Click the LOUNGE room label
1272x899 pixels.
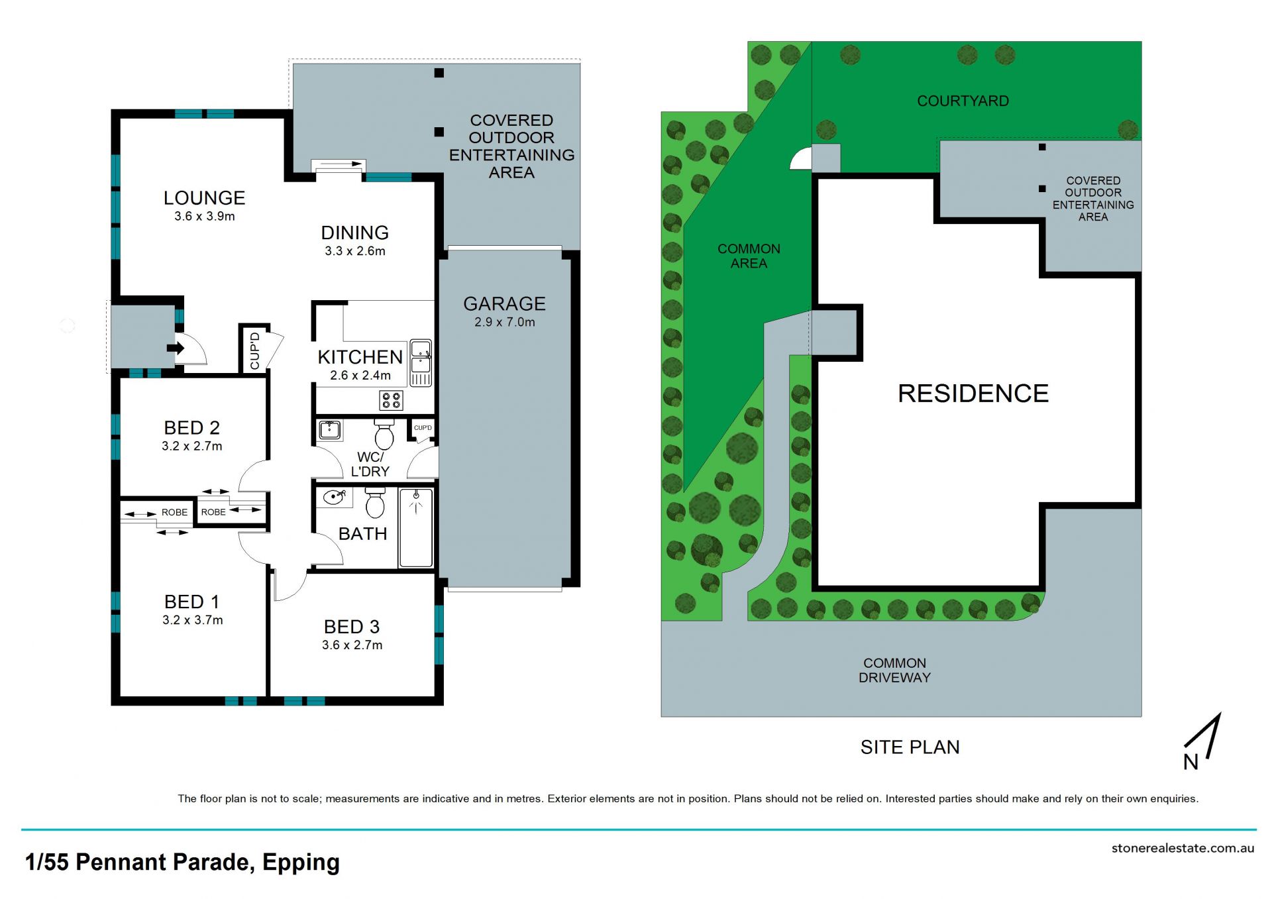pyautogui.click(x=204, y=198)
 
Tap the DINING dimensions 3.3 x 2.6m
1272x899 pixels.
pyautogui.click(x=355, y=251)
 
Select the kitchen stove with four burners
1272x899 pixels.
pyautogui.click(x=391, y=400)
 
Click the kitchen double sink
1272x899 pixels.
pyautogui.click(x=421, y=362)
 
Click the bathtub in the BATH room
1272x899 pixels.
pyautogui.click(x=416, y=527)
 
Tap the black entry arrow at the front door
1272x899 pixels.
pyautogui.click(x=176, y=348)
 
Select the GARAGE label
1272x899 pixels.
pyautogui.click(x=505, y=304)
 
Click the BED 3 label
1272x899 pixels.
pyautogui.click(x=352, y=627)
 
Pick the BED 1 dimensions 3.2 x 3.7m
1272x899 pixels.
pyautogui.click(x=193, y=620)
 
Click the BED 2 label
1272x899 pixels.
pyautogui.click(x=192, y=428)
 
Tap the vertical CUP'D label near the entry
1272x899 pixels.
pyautogui.click(x=254, y=350)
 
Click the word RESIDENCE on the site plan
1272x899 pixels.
pyautogui.click(x=973, y=394)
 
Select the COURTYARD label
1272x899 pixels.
pyautogui.click(x=963, y=101)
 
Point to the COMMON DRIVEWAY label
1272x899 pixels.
pyautogui.click(x=895, y=670)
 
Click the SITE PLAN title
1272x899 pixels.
pyautogui.click(x=910, y=747)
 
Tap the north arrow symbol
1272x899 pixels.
pyautogui.click(x=1202, y=741)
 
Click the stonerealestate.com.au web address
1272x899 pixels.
pyautogui.click(x=1183, y=848)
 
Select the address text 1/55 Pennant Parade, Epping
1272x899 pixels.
pyautogui.click(x=182, y=862)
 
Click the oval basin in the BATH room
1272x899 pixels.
pyautogui.click(x=334, y=497)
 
